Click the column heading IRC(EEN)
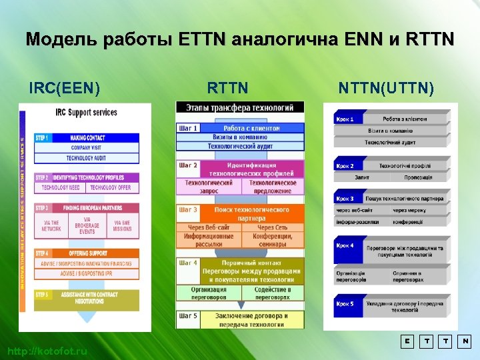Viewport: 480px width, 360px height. pos(65,87)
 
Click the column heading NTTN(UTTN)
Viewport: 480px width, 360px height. pos(386,87)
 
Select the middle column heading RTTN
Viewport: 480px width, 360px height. pos(228,87)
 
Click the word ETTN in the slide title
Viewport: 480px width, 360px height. pos(203,39)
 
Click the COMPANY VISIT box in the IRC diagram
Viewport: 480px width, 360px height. pos(86,147)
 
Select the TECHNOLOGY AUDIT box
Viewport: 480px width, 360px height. pos(86,158)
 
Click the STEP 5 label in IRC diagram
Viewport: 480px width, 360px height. pos(42,294)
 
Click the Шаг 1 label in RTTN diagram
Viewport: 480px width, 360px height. pos(187,127)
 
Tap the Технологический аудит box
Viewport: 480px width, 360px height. pos(239,145)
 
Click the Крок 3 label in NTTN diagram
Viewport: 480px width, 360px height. pos(345,199)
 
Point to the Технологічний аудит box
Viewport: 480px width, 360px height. pos(391,142)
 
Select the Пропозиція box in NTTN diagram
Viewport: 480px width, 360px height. pos(419,177)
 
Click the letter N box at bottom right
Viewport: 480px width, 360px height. pos(465,341)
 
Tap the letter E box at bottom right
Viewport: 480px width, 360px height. pos(407,341)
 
